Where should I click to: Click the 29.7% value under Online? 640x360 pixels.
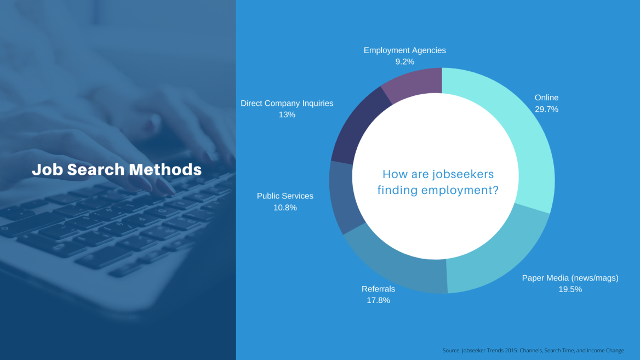coord(546,110)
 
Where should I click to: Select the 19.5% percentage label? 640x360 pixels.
coord(570,289)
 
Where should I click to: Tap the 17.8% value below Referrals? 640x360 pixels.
coord(379,300)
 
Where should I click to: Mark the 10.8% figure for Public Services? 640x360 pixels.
coord(285,208)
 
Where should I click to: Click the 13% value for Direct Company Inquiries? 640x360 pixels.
coord(287,115)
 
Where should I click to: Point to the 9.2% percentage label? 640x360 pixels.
coord(405,61)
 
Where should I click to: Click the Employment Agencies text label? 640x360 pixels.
coord(405,50)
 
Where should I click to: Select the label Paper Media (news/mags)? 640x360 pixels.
coord(570,278)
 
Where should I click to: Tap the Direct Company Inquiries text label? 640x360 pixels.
coord(287,104)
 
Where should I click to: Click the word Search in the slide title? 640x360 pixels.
coord(96,169)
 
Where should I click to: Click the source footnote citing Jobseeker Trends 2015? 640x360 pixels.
coord(534,351)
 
